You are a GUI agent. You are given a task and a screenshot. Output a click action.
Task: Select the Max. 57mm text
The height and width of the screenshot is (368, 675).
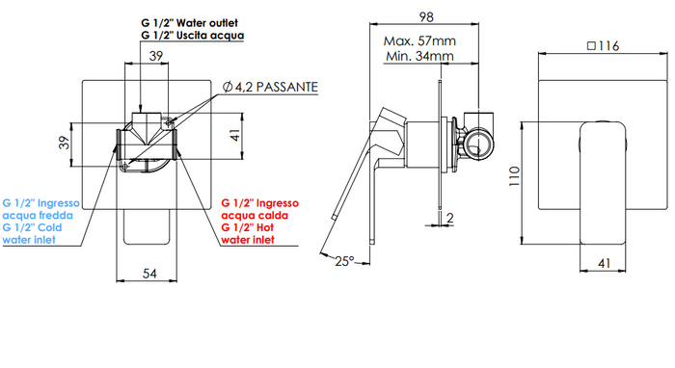419,41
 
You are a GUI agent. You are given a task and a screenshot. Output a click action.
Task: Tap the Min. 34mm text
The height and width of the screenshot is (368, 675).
418,57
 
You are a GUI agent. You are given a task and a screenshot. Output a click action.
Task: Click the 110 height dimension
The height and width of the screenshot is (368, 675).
516,174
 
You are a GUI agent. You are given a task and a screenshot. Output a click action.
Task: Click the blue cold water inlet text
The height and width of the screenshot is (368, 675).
41,221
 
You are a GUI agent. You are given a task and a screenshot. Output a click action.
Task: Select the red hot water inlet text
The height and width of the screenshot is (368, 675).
260,221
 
